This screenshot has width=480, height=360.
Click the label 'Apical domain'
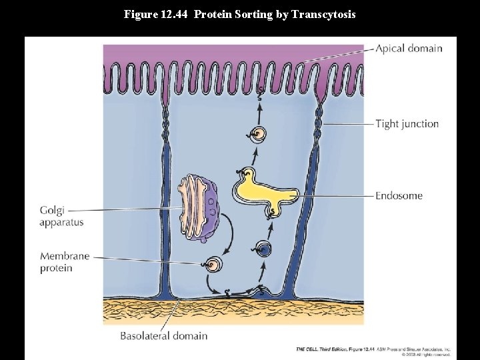click(x=408, y=48)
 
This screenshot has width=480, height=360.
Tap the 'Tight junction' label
click(x=407, y=123)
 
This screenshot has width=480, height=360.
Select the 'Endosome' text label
click(x=399, y=196)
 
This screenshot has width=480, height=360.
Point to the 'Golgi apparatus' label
click(x=61, y=216)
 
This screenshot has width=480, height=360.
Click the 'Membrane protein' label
click(x=65, y=262)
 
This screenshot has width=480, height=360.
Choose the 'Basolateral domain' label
click(x=163, y=335)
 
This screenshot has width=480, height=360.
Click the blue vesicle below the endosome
click(x=264, y=249)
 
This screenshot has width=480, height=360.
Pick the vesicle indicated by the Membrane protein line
click(x=214, y=265)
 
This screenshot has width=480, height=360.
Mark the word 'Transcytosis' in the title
click(x=328, y=13)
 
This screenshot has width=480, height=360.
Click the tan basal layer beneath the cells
click(x=233, y=311)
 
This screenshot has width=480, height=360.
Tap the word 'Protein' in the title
click(x=211, y=13)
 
